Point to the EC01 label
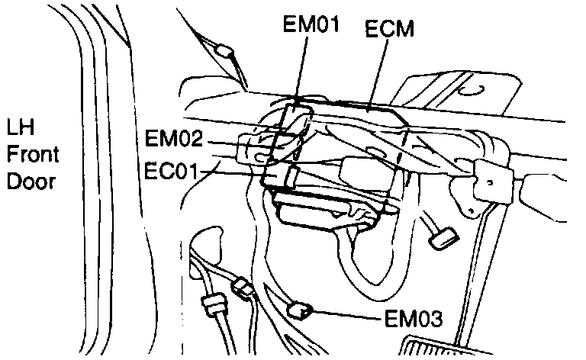(x=172, y=168)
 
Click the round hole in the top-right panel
(x=472, y=89)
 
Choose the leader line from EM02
(x=229, y=142)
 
